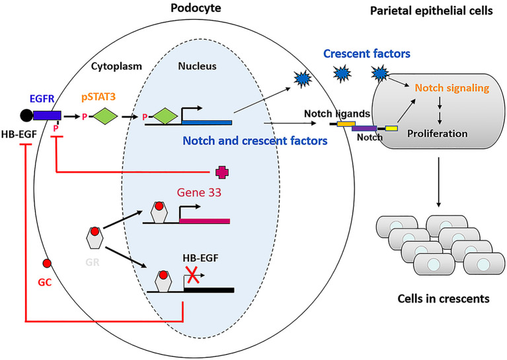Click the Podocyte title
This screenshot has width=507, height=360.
[x=196, y=8]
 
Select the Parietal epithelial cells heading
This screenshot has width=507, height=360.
[x=432, y=11]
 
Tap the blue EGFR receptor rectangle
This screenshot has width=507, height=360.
[x=47, y=116]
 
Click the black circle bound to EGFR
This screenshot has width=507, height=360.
[x=26, y=116]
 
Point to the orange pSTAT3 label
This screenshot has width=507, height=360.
[x=98, y=97]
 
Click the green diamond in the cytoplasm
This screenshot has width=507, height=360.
[x=105, y=116]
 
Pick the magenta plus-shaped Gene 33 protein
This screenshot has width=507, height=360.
[x=222, y=172]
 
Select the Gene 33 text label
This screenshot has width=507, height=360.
[x=199, y=192]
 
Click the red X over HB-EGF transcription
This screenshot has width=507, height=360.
[x=193, y=275]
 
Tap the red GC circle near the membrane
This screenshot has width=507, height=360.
[x=47, y=264]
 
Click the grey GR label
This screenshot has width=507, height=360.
[x=93, y=262]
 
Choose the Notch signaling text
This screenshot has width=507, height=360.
[x=452, y=88]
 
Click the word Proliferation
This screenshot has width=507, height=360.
[x=437, y=133]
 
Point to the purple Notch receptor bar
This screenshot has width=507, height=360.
[x=364, y=128]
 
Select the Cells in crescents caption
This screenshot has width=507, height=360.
[x=444, y=299]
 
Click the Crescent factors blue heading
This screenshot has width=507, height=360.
[x=367, y=54]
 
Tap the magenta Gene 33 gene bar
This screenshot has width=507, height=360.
[x=205, y=221]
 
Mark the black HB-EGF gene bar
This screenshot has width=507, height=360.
[x=209, y=290]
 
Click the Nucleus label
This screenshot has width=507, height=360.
[x=197, y=66]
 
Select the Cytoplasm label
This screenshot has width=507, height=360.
[x=116, y=66]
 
